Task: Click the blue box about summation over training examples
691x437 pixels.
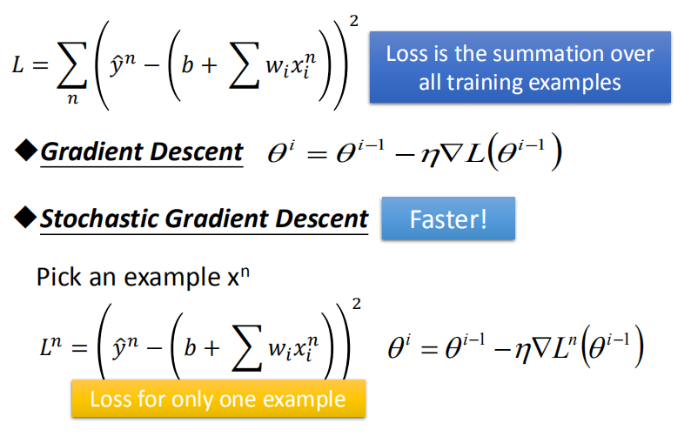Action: (520, 67)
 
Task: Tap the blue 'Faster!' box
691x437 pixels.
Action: (448, 218)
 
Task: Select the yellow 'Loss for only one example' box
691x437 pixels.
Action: (218, 400)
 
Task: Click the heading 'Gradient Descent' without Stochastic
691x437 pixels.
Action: (142, 151)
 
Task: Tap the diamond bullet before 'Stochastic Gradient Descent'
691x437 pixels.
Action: (26, 218)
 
